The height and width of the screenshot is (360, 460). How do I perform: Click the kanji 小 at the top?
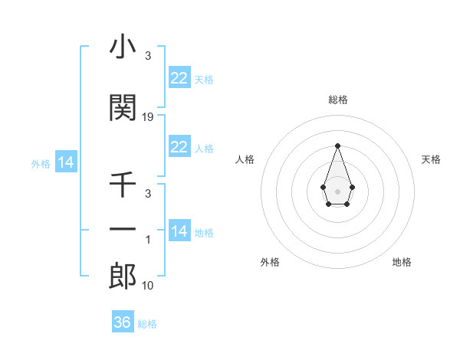tap(123, 48)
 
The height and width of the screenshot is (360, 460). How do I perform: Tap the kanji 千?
tap(123, 185)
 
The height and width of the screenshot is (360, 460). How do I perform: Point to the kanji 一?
tap(123, 229)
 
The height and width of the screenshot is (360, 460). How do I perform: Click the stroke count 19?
tap(149, 117)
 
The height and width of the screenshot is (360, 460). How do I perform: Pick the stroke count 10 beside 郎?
tap(149, 286)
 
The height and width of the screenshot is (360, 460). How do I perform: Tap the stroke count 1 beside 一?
tap(149, 240)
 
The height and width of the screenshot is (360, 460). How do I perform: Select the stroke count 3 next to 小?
tap(148, 56)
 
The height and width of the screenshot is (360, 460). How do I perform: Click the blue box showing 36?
tap(123, 322)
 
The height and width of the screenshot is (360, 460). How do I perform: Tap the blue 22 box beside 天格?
tap(179, 78)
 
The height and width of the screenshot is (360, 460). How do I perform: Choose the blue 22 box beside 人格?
tap(179, 147)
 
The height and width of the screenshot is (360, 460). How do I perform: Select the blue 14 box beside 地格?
tap(179, 231)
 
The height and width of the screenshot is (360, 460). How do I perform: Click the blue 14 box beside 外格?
tap(65, 162)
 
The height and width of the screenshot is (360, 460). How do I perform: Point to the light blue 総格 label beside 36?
tap(147, 324)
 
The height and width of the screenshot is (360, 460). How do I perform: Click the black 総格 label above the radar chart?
tap(337, 100)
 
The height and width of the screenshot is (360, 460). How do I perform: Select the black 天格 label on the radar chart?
tap(432, 159)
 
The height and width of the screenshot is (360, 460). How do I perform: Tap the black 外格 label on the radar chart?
tap(270, 262)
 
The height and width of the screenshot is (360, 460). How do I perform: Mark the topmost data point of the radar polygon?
tap(337, 145)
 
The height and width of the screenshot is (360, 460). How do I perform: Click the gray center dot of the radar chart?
tap(337, 190)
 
